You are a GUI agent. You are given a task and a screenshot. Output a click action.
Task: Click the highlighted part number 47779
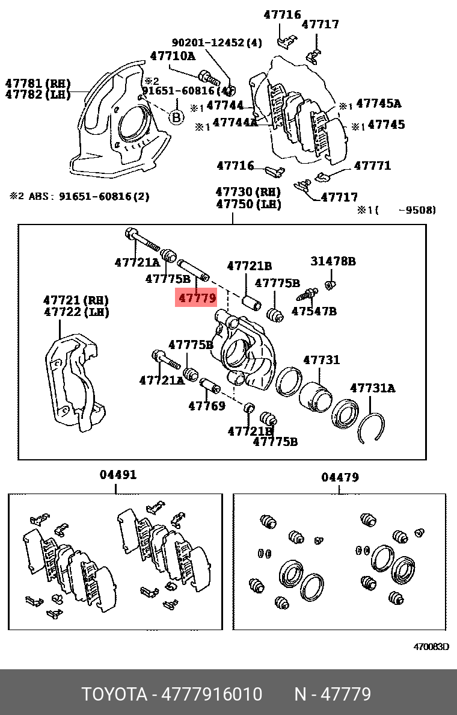pyautogui.click(x=196, y=297)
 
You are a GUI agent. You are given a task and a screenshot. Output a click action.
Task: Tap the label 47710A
pyautogui.click(x=173, y=56)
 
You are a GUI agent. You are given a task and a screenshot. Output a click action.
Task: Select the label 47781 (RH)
pyautogui.click(x=38, y=83)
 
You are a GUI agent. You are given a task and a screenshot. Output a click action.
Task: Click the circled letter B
pyautogui.click(x=176, y=117)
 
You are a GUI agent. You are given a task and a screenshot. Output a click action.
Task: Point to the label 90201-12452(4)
pyautogui.click(x=217, y=43)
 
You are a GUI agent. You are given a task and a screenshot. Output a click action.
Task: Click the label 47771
pyautogui.click(x=372, y=166)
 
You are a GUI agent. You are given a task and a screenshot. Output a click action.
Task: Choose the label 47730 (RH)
pyautogui.click(x=248, y=192)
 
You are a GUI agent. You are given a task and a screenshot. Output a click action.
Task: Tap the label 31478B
pyautogui.click(x=333, y=261)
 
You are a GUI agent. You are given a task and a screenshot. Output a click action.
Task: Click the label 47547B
pyautogui.click(x=314, y=311)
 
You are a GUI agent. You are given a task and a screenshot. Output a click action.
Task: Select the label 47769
pyautogui.click(x=207, y=406)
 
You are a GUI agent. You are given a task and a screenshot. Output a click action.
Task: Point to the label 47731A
pyautogui.click(x=373, y=389)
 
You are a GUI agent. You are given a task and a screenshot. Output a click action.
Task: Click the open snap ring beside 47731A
pyautogui.click(x=370, y=429)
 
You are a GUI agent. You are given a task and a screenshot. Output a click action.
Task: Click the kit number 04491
pyautogui.click(x=118, y=475)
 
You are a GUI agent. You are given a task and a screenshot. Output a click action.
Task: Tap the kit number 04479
pyautogui.click(x=340, y=477)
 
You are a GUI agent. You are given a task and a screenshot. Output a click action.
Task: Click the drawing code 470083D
pyautogui.click(x=431, y=648)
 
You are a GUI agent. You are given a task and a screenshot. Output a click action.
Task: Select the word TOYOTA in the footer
pyautogui.click(x=114, y=695)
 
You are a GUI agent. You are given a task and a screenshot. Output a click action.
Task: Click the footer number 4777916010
pyautogui.click(x=215, y=695)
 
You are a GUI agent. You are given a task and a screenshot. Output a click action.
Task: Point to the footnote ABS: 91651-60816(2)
pyautogui.click(x=80, y=196)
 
